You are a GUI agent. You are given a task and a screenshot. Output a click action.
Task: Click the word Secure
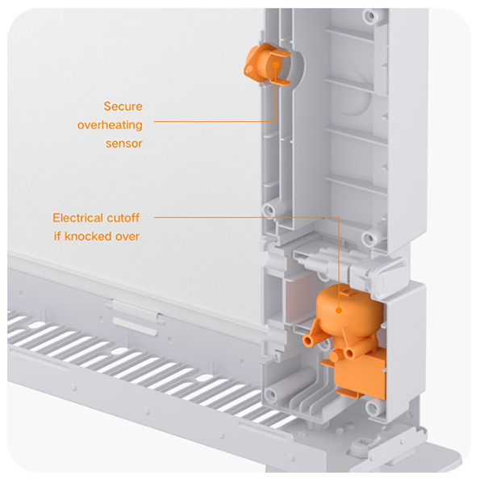click(123, 106)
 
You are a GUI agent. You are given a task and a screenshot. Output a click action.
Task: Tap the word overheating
click(110, 125)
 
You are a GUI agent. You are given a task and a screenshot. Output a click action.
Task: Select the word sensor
click(123, 144)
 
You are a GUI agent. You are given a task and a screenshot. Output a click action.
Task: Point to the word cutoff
click(127, 218)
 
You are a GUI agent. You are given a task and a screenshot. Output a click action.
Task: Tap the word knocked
click(88, 236)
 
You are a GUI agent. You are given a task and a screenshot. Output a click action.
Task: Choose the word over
click(127, 237)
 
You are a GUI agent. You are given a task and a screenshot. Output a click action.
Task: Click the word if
click(57, 236)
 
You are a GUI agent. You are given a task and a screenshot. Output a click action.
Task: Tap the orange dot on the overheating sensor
click(276, 65)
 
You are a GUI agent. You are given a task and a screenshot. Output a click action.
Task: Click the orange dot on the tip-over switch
click(339, 311)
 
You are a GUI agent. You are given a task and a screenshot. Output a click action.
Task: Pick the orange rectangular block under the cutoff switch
click(361, 373)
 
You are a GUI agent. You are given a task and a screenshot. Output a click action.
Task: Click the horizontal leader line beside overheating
click(215, 121)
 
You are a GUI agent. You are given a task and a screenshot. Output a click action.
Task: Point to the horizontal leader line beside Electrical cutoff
click(246, 217)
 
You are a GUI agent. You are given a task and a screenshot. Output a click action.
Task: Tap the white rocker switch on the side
click(390, 276)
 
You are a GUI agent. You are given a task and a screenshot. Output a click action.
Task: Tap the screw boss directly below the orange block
click(373, 407)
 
